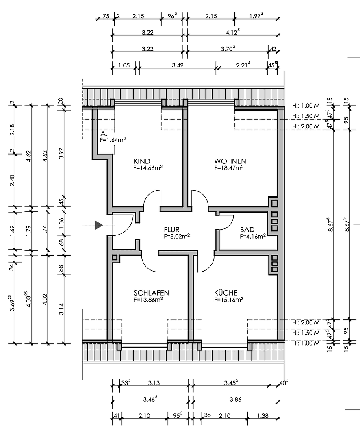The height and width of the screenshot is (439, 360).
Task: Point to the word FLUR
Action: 172,229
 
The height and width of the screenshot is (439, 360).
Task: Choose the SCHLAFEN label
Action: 151,293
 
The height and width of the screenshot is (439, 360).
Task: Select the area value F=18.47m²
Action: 229,167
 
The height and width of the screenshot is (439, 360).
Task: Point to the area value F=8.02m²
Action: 177,236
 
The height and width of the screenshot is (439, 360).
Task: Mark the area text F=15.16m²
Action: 229,300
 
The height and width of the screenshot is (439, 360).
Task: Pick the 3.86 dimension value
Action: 235,400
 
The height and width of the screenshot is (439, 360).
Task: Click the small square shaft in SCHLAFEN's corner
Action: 115,257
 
